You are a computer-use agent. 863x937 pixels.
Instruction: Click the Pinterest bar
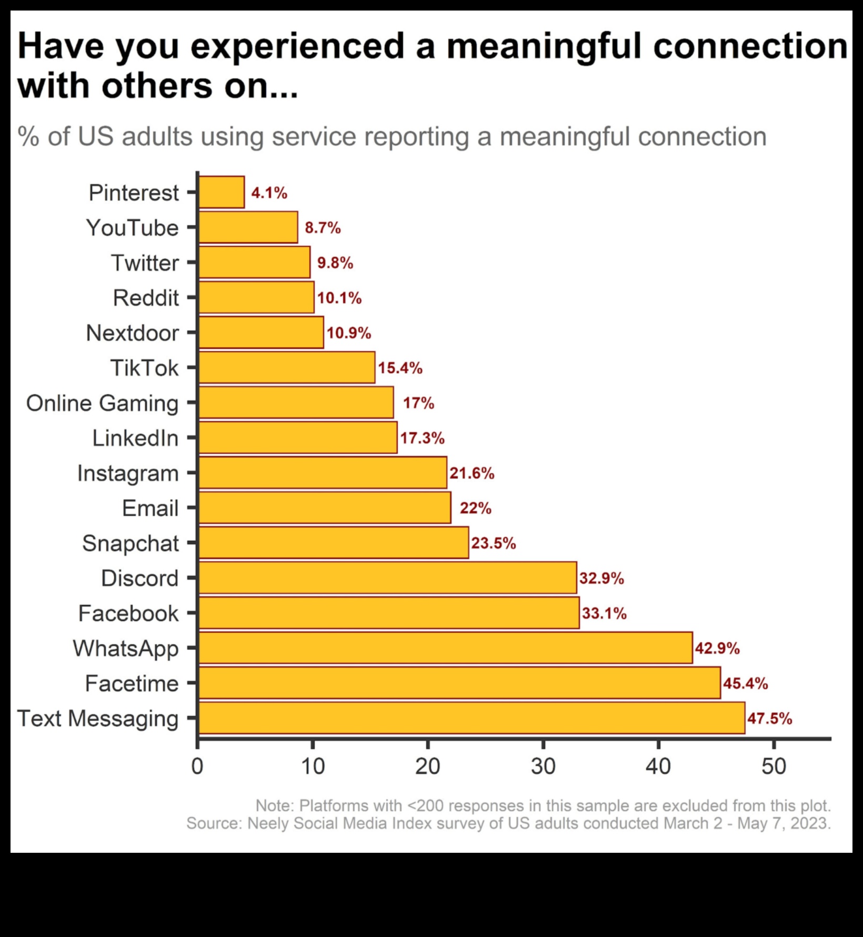pyautogui.click(x=222, y=192)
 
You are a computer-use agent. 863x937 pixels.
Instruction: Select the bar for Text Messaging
pyautogui.click(x=471, y=717)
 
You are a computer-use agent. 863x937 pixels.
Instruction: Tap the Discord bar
pyautogui.click(x=387, y=577)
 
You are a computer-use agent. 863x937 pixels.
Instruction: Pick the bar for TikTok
pyautogui.click(x=287, y=367)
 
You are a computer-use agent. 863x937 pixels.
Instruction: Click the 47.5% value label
pyautogui.click(x=769, y=718)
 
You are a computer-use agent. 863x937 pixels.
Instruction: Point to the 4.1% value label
pyautogui.click(x=269, y=193)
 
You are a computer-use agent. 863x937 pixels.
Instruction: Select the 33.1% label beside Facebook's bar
pyautogui.click(x=604, y=613)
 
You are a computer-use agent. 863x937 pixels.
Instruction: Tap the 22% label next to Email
pyautogui.click(x=475, y=508)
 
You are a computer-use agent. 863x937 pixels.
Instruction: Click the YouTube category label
pyautogui.click(x=133, y=228)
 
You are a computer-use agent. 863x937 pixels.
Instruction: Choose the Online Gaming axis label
pyautogui.click(x=103, y=403)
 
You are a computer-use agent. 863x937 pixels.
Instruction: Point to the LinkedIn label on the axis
pyautogui.click(x=135, y=438)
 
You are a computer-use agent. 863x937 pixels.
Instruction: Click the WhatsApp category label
pyautogui.click(x=126, y=648)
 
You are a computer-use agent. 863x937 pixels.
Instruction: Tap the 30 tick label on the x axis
pyautogui.click(x=543, y=766)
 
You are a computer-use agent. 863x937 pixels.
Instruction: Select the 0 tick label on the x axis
pyautogui.click(x=197, y=766)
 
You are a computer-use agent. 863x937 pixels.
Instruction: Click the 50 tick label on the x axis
pyautogui.click(x=774, y=766)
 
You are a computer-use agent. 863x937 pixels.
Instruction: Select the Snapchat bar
pyautogui.click(x=334, y=543)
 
